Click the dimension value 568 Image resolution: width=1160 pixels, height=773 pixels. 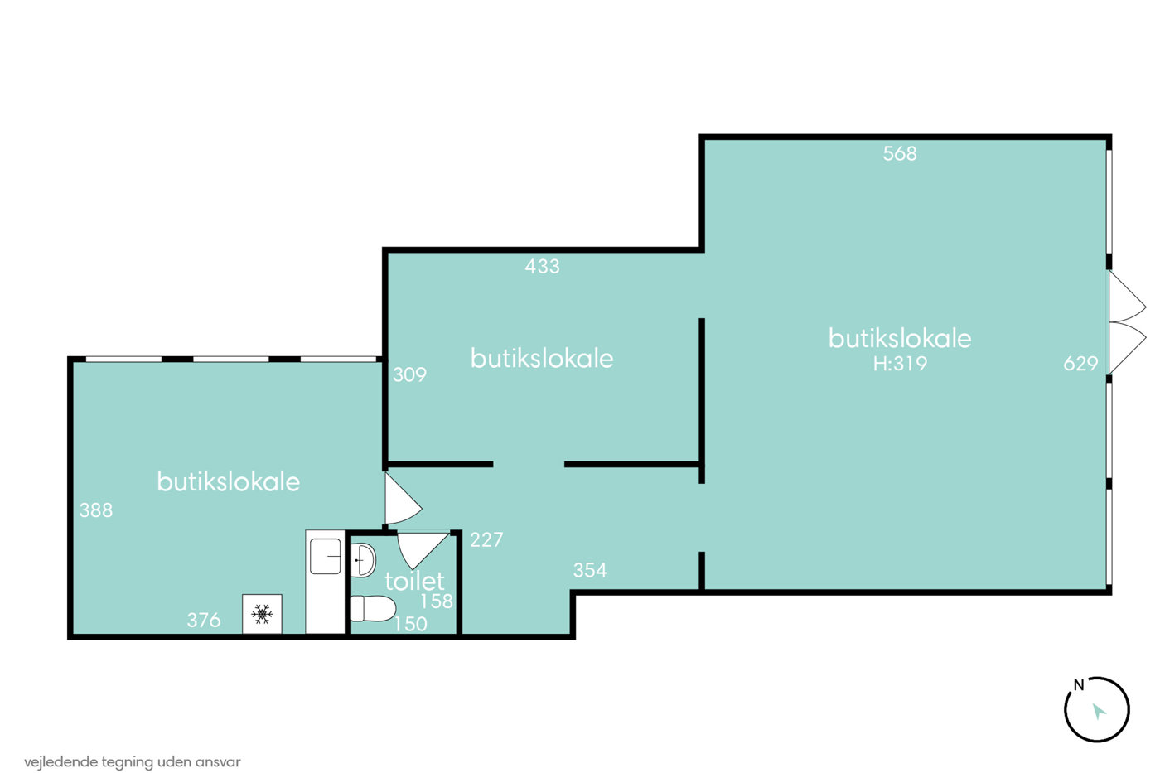(x=900, y=153)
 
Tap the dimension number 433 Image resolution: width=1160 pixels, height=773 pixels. (x=542, y=266)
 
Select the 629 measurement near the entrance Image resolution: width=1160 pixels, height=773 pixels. (x=1080, y=364)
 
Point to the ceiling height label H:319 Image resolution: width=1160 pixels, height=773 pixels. (x=900, y=364)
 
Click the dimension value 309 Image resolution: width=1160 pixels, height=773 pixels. (x=409, y=374)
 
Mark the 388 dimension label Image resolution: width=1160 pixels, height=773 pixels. (x=96, y=510)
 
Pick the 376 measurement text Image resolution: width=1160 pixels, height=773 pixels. (x=204, y=620)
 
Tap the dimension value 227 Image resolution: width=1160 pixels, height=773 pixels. (x=486, y=540)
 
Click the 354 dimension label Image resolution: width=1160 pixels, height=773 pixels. (x=590, y=570)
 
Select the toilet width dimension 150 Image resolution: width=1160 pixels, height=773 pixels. (x=410, y=624)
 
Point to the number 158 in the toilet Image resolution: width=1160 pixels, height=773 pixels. (x=436, y=601)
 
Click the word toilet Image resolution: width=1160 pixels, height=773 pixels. (x=414, y=581)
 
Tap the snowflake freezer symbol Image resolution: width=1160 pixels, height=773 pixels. (x=262, y=614)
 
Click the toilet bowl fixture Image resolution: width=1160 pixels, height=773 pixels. (x=373, y=608)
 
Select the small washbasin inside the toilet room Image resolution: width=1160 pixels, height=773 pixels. (x=363, y=560)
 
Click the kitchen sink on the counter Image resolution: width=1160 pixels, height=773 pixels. (x=325, y=556)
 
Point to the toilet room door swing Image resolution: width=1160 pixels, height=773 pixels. (x=421, y=548)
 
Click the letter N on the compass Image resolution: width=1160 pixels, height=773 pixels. (x=1079, y=685)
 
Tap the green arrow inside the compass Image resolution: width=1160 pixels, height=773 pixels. (x=1099, y=711)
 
